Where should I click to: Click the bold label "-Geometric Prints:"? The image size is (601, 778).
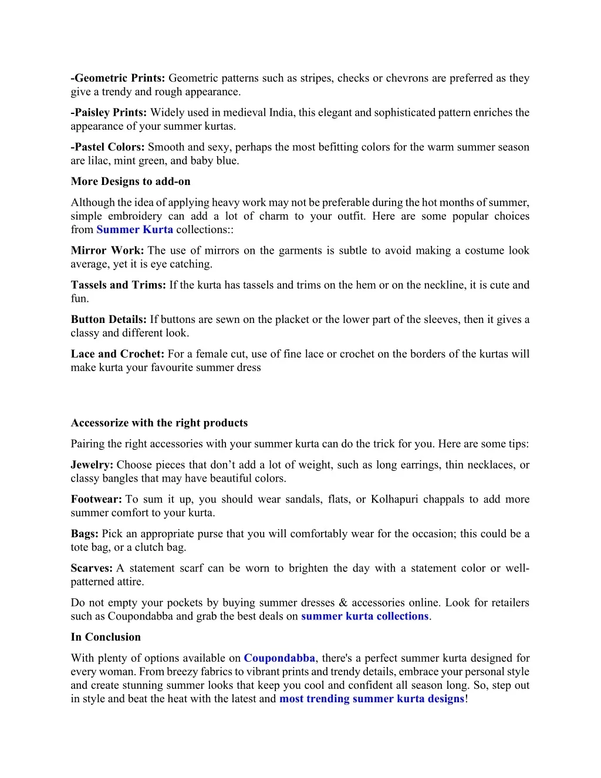pyautogui.click(x=118, y=78)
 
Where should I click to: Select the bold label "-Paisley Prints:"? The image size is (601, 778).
pyautogui.click(x=109, y=113)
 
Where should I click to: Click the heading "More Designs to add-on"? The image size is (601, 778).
pyautogui.click(x=130, y=181)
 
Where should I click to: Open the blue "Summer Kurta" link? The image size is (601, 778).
pyautogui.click(x=134, y=230)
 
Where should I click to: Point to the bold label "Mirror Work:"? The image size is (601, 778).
pyautogui.click(x=107, y=251)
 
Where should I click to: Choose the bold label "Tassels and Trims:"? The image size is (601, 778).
pyautogui.click(x=119, y=285)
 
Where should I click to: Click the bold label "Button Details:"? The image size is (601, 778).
pyautogui.click(x=109, y=320)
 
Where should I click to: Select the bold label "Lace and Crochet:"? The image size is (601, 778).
pyautogui.click(x=117, y=354)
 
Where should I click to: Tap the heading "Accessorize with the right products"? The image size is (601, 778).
pyautogui.click(x=159, y=423)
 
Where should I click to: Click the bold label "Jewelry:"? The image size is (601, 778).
pyautogui.click(x=92, y=465)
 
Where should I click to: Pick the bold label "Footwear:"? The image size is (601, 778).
pyautogui.click(x=96, y=500)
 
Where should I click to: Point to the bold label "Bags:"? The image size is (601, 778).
pyautogui.click(x=85, y=534)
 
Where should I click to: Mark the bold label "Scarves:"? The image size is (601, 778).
pyautogui.click(x=92, y=568)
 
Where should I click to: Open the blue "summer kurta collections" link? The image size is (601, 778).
pyautogui.click(x=364, y=617)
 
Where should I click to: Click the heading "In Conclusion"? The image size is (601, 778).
pyautogui.click(x=106, y=637)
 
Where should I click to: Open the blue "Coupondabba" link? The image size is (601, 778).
pyautogui.click(x=279, y=658)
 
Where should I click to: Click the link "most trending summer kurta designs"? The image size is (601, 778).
pyautogui.click(x=372, y=699)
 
